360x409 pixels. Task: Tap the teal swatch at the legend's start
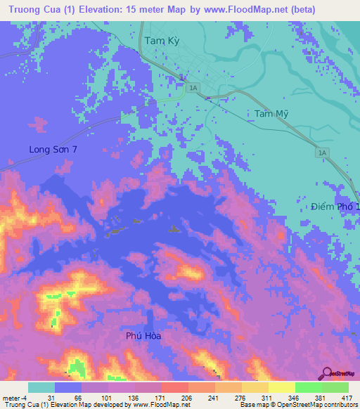click(41, 387)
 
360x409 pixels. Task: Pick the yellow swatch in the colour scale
click(281, 387)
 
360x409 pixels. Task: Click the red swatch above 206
click(174, 387)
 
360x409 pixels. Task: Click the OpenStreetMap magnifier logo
click(327, 372)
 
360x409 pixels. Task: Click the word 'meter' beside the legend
click(12, 397)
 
